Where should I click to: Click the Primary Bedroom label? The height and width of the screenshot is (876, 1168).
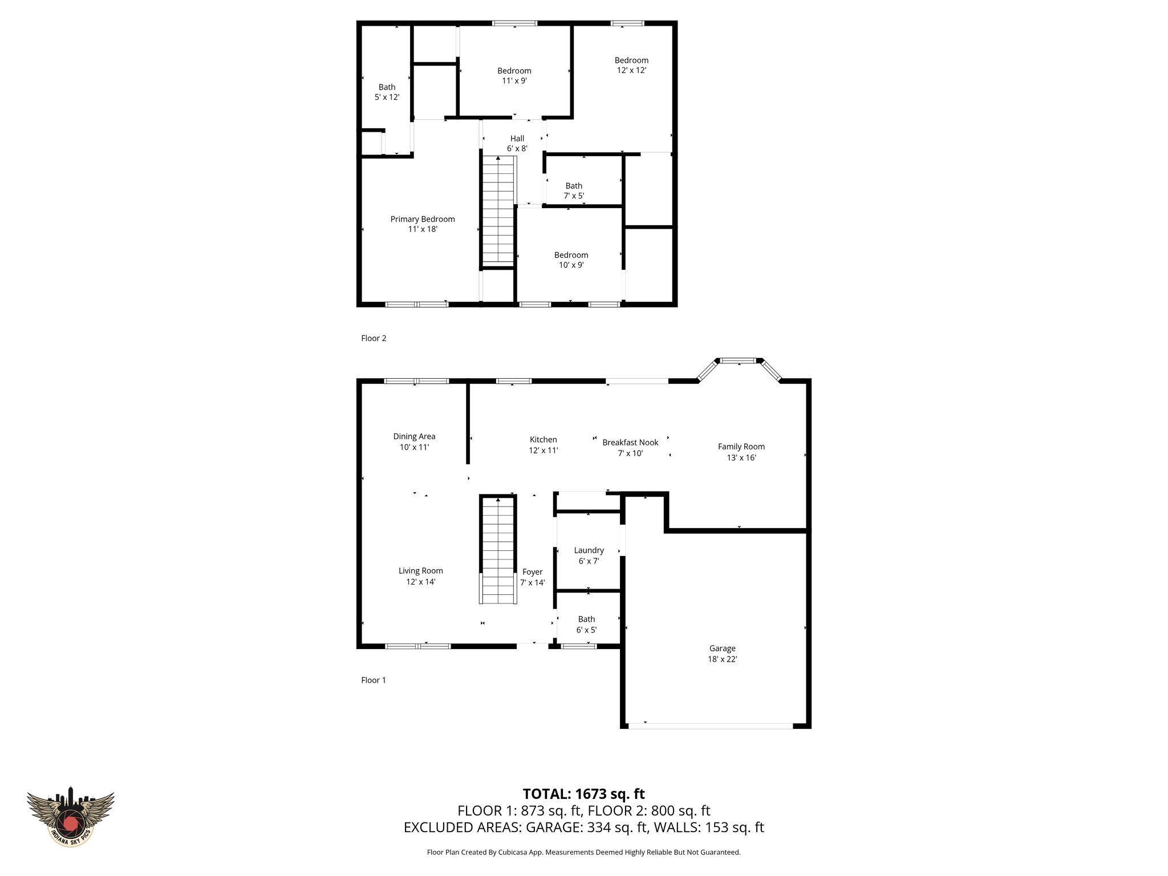coord(423,219)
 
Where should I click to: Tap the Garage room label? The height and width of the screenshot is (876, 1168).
coord(722,648)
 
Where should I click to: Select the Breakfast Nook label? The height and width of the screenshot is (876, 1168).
coord(630,442)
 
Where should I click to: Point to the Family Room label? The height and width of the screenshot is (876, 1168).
coord(741,447)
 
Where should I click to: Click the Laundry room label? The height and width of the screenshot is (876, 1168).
coord(589,550)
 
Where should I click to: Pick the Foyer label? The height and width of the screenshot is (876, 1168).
coord(532,572)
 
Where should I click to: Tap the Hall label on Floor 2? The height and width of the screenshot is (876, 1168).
coord(517,139)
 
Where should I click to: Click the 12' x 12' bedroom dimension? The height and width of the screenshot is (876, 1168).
coord(631,70)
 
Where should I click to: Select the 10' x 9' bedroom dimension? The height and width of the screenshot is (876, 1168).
coord(571,265)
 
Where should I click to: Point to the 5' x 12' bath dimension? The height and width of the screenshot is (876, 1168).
coord(387,98)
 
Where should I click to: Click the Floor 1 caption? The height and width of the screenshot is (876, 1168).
coord(374,680)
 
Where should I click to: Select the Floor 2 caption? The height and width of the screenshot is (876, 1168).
coord(374,338)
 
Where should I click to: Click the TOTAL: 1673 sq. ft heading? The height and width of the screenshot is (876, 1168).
coord(583,793)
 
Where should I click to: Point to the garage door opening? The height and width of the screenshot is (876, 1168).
coord(710,726)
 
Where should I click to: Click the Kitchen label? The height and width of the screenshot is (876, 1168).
coord(543,440)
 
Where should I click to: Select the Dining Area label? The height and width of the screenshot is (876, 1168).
coord(414,436)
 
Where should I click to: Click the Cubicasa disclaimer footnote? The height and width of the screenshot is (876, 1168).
coord(583,852)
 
